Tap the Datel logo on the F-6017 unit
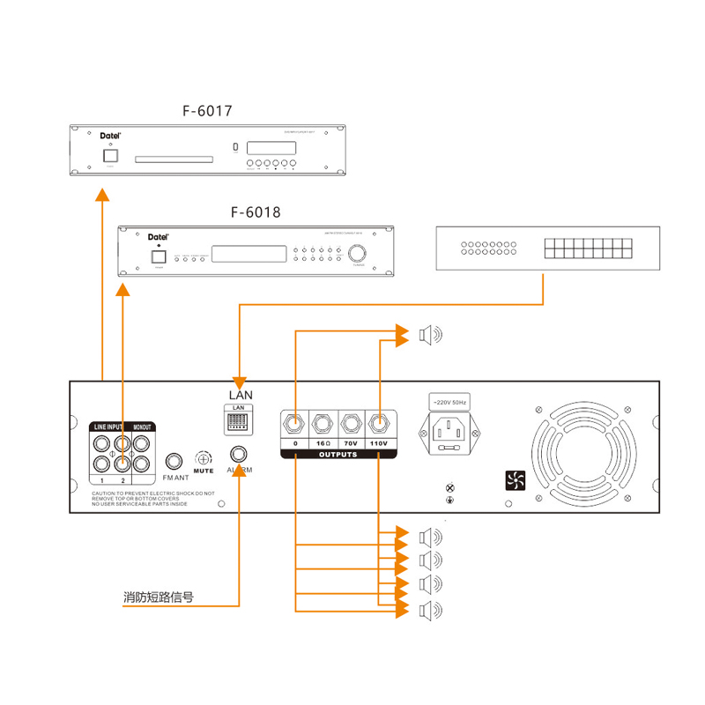tap(109, 136)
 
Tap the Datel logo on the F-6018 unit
tap(159, 236)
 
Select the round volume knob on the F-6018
tap(358, 254)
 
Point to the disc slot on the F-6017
tap(173, 160)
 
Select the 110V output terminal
tap(379, 424)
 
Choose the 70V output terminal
tap(352, 424)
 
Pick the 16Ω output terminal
tap(323, 424)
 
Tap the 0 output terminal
tap(295, 424)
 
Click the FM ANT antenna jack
tap(175, 461)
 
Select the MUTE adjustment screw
tap(204, 459)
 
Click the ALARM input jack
tap(239, 455)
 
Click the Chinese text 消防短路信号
tap(158, 597)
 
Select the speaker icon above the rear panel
tap(429, 335)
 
